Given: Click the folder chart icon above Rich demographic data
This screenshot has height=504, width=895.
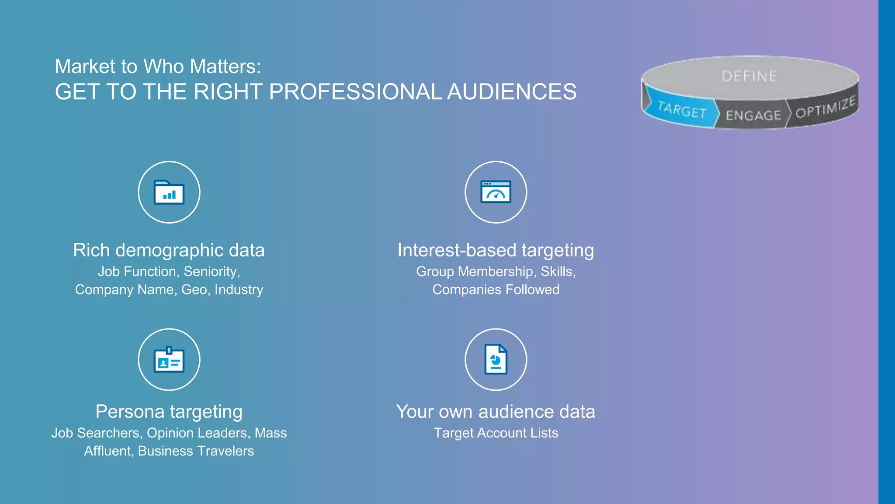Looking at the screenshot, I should [169, 192].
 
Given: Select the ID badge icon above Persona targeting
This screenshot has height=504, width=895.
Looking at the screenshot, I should [169, 360].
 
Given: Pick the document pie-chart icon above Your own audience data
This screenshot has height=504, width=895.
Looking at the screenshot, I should [496, 360].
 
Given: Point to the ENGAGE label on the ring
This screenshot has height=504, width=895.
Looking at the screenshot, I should [753, 115].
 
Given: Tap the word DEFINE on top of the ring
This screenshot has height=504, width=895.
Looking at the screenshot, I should [749, 76].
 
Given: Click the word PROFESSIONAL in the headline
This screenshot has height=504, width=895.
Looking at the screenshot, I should [355, 92].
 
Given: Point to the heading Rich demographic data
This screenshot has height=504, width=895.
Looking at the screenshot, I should [169, 250].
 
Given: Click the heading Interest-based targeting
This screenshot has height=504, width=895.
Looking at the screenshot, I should [496, 250].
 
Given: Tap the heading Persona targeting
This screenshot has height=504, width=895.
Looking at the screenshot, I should [169, 412].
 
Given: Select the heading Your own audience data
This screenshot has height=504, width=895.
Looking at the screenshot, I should [496, 412].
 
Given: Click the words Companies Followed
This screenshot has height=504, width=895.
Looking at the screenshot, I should [496, 290].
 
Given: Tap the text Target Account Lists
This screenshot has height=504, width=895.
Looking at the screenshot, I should [496, 433].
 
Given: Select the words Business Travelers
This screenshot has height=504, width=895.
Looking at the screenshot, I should [196, 451].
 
